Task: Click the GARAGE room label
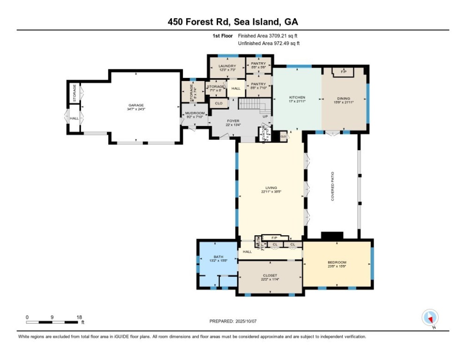pyautogui.click(x=136, y=105)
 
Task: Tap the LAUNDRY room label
pyautogui.click(x=227, y=66)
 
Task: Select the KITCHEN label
pyautogui.click(x=297, y=97)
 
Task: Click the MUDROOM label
pyautogui.click(x=195, y=113)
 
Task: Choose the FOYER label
pyautogui.click(x=233, y=121)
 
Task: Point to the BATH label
pyautogui.click(x=218, y=257)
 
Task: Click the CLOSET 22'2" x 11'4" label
pyautogui.click(x=270, y=275)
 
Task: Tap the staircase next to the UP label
pyautogui.click(x=252, y=104)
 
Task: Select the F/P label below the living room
pyautogui.click(x=274, y=238)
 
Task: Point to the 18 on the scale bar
pyautogui.click(x=79, y=317)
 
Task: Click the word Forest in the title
pyautogui.click(x=207, y=22)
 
